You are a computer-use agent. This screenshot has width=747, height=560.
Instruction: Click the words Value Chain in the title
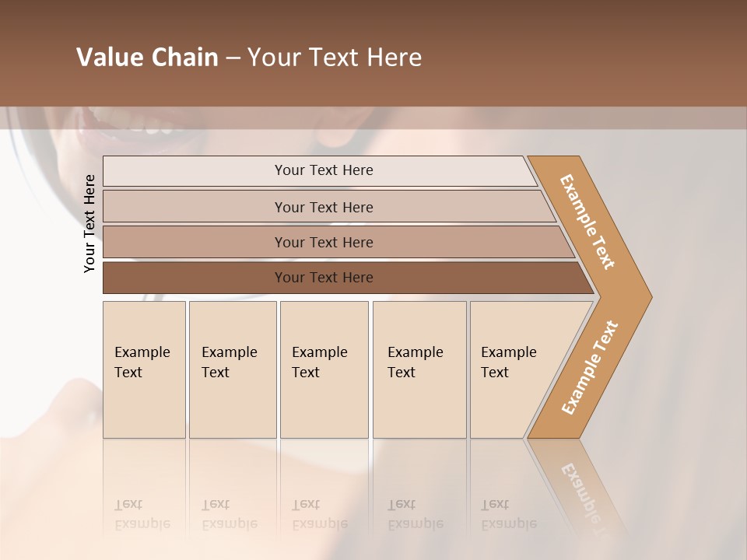click(147, 58)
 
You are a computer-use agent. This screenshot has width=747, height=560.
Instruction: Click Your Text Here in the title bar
click(335, 58)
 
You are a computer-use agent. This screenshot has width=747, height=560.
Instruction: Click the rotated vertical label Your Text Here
click(89, 223)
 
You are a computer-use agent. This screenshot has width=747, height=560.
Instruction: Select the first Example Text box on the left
click(144, 369)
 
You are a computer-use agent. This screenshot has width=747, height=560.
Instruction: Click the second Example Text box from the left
click(233, 369)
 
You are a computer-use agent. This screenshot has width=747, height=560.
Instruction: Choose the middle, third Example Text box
click(324, 369)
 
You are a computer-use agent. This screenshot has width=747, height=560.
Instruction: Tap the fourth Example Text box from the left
click(419, 369)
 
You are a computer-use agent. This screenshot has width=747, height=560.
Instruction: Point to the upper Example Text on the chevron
click(587, 222)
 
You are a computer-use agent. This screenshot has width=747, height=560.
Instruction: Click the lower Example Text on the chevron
click(589, 368)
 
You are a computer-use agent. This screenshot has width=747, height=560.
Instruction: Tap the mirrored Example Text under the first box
click(142, 514)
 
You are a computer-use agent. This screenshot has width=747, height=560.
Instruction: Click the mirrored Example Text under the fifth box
click(509, 514)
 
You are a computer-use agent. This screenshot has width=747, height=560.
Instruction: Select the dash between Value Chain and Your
click(233, 58)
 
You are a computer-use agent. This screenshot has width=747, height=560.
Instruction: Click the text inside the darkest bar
click(324, 278)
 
